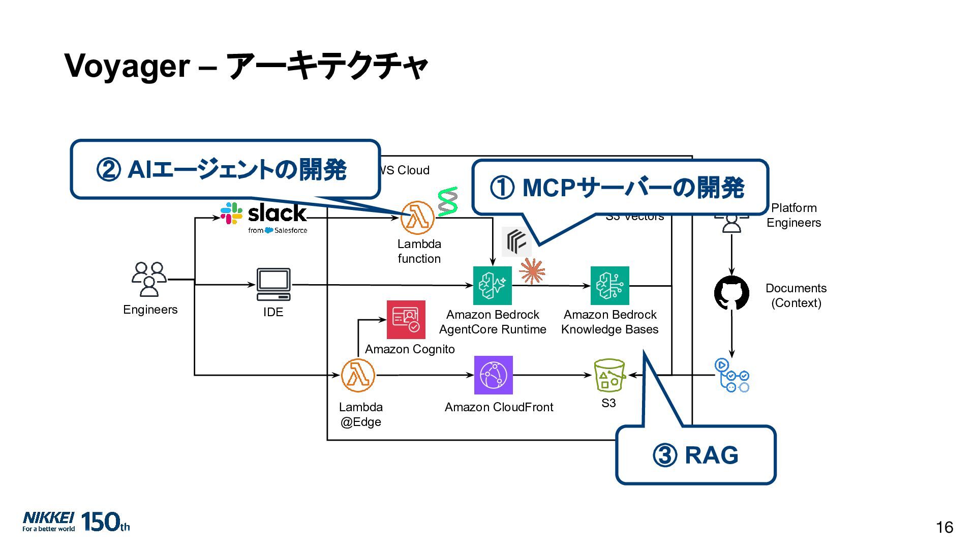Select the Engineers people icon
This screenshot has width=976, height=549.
pyautogui.click(x=149, y=279)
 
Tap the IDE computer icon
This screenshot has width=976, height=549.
pyautogui.click(x=273, y=285)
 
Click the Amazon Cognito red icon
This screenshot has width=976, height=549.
pyautogui.click(x=406, y=320)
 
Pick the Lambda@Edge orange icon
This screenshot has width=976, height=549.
pyautogui.click(x=358, y=375)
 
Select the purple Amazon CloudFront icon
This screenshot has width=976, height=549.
pyautogui.click(x=493, y=375)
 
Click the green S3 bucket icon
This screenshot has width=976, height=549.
pyautogui.click(x=609, y=376)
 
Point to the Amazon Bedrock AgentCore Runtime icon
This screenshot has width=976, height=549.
pyautogui.click(x=492, y=286)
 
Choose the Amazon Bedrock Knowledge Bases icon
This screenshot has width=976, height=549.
pyautogui.click(x=609, y=286)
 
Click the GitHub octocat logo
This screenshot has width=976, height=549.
pyautogui.click(x=731, y=293)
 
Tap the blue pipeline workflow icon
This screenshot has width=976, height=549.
pyautogui.click(x=731, y=376)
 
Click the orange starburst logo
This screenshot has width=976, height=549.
pyautogui.click(x=532, y=271)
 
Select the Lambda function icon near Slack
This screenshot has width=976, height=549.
pyautogui.click(x=417, y=218)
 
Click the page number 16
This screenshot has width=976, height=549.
pyautogui.click(x=944, y=528)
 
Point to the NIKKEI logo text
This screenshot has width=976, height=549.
pyautogui.click(x=48, y=518)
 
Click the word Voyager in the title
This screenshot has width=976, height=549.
pyautogui.click(x=127, y=67)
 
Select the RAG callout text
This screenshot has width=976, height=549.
pyautogui.click(x=711, y=455)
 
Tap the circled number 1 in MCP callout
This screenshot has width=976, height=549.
pyautogui.click(x=502, y=188)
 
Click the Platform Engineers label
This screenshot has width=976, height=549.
pyautogui.click(x=794, y=215)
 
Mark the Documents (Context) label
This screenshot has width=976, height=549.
pyautogui.click(x=796, y=295)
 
